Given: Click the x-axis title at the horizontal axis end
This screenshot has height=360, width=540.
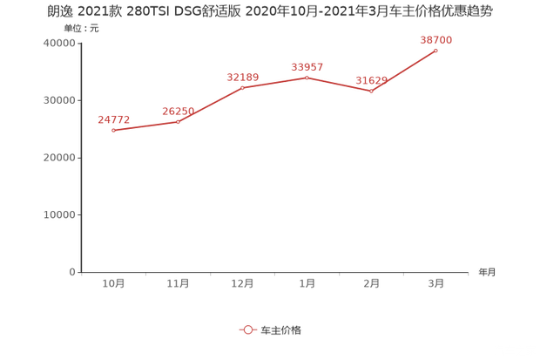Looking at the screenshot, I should tap(486, 272).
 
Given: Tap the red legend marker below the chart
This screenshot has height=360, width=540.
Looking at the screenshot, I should tap(247, 329).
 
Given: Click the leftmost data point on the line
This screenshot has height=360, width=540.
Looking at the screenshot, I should tap(114, 131).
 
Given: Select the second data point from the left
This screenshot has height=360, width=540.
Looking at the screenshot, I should tap(179, 122).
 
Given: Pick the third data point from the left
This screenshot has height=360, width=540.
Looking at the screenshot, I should tap(243, 88).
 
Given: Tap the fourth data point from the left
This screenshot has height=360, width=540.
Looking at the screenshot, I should tap(307, 77).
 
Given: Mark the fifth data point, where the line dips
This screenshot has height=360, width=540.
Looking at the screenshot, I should tap(372, 91).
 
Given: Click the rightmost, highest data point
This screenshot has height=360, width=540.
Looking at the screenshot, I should tap(436, 50).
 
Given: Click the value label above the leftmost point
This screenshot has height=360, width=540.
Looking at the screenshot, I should tap(114, 118).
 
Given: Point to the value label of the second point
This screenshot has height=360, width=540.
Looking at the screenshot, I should tap(179, 110).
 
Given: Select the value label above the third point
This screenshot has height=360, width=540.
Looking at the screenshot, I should tap(243, 76).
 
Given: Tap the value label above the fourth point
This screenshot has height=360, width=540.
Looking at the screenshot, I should tap(307, 65).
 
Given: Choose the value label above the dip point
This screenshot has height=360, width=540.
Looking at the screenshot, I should tap(372, 80).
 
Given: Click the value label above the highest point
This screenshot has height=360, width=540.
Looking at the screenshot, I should tap(436, 38).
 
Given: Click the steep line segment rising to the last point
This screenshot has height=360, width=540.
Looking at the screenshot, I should tap(404, 70).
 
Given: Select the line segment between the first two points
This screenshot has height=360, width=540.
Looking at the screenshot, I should tap(146, 126).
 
